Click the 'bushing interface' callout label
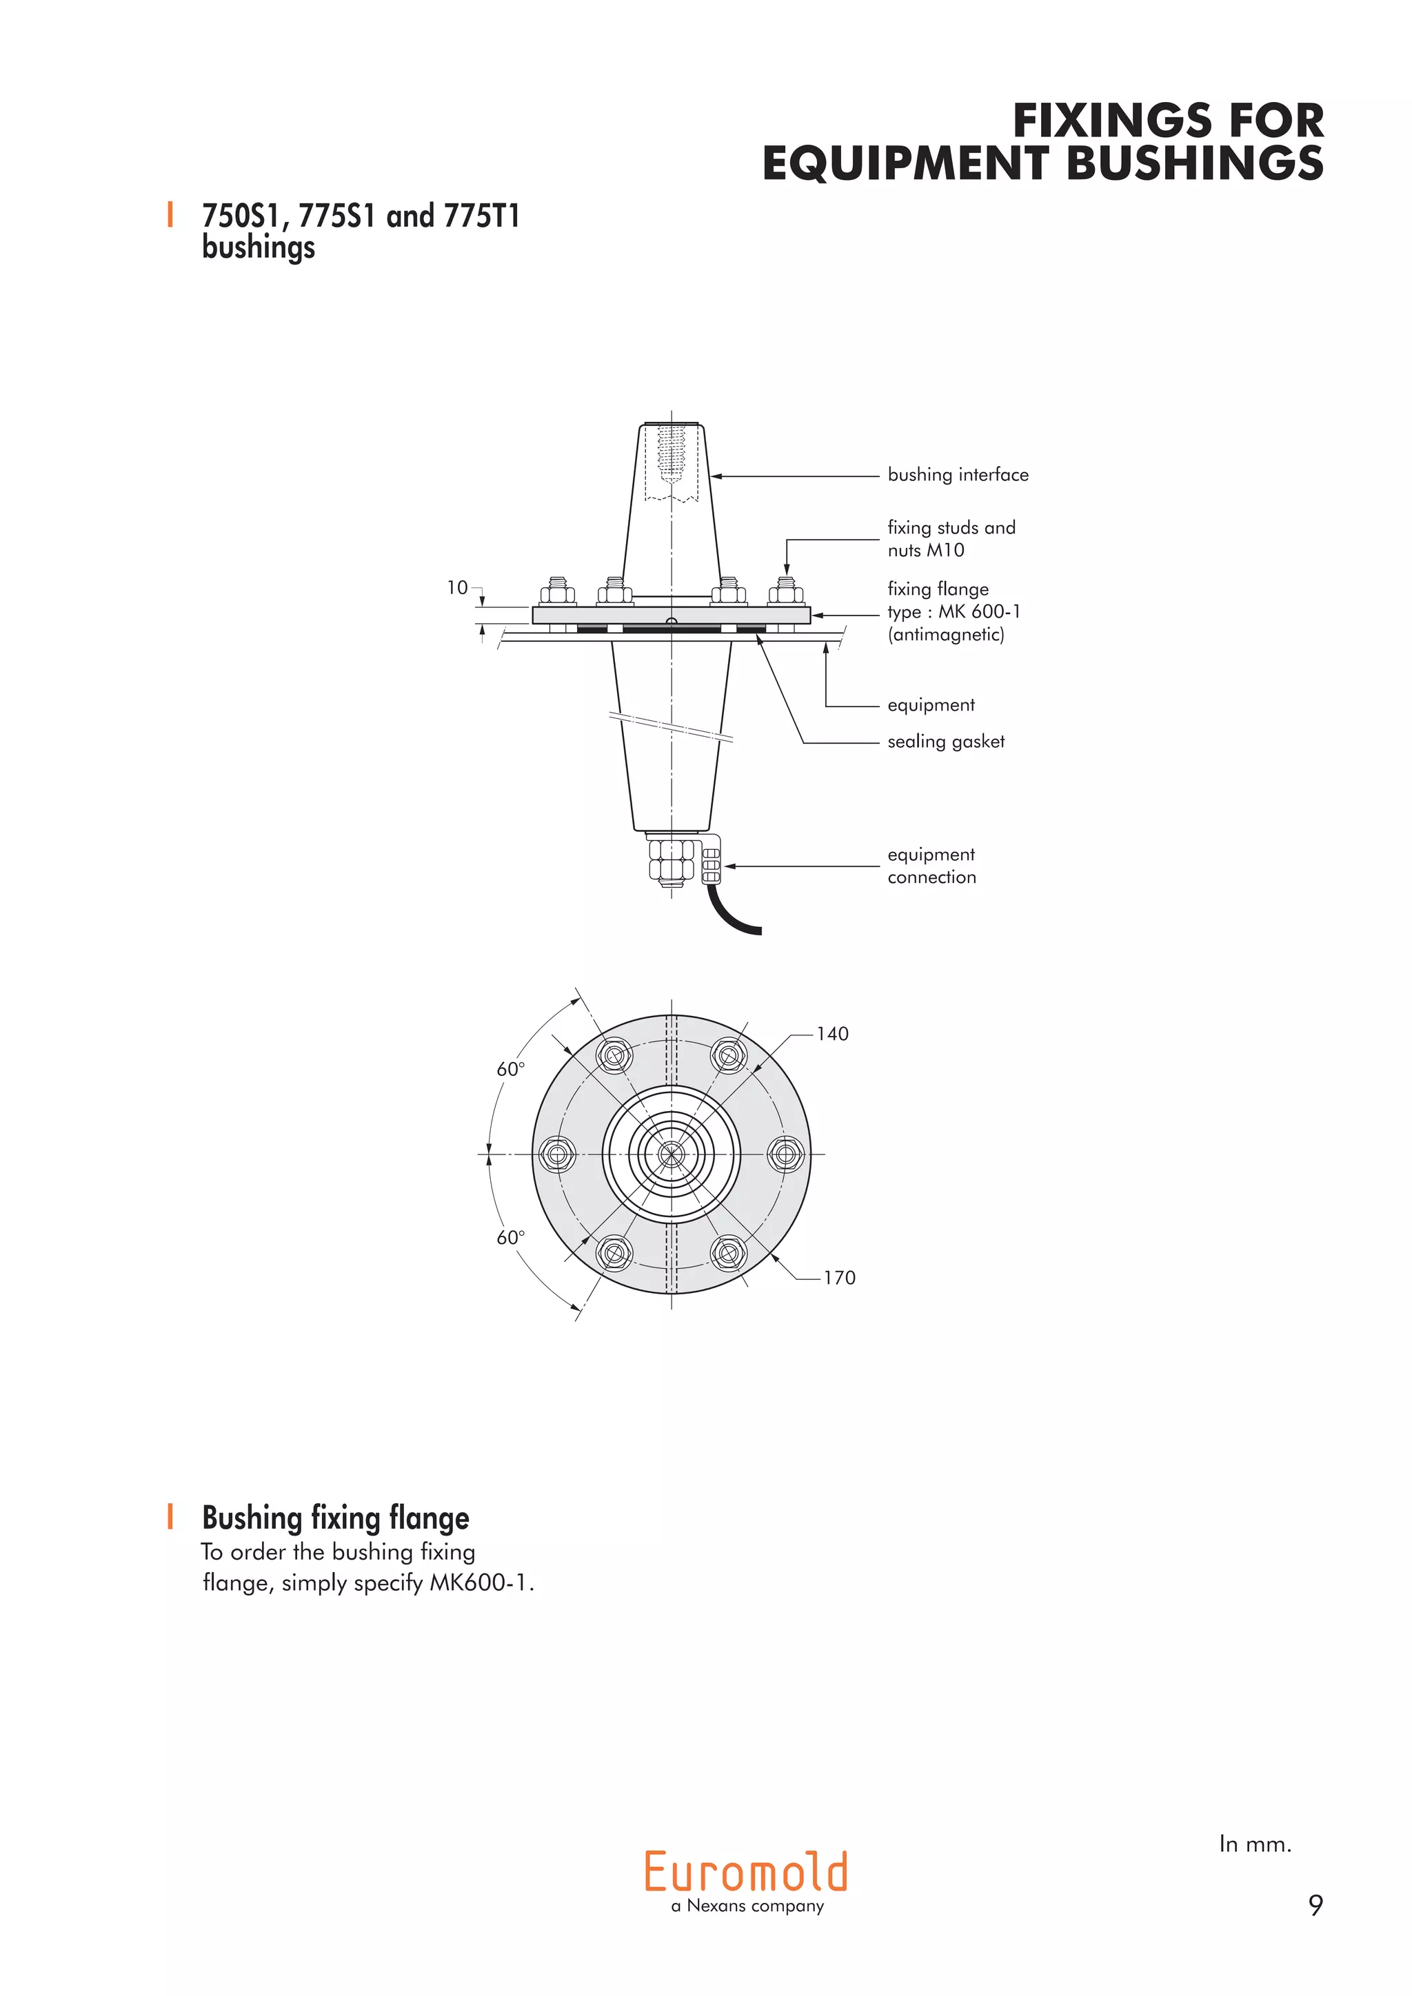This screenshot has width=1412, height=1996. (x=957, y=475)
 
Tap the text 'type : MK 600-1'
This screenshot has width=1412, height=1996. (x=954, y=612)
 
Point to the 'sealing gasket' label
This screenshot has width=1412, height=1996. (x=945, y=742)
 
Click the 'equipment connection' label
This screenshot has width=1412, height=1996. (x=931, y=866)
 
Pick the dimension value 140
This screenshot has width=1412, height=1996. (x=832, y=1034)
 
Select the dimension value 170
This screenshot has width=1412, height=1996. (x=839, y=1278)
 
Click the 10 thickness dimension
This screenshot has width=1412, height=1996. (x=457, y=588)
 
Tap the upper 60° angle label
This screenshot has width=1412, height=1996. (x=510, y=1069)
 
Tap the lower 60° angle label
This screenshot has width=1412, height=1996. (x=510, y=1238)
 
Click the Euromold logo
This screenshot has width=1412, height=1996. (x=746, y=1872)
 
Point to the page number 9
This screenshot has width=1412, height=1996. (x=1315, y=1906)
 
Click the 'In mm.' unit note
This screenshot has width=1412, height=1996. (x=1255, y=1844)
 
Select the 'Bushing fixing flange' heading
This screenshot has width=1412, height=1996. (x=336, y=1518)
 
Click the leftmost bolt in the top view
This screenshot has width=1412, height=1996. (x=557, y=1154)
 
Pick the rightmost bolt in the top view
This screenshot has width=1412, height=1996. (x=785, y=1154)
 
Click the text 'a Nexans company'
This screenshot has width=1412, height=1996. (x=747, y=1906)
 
